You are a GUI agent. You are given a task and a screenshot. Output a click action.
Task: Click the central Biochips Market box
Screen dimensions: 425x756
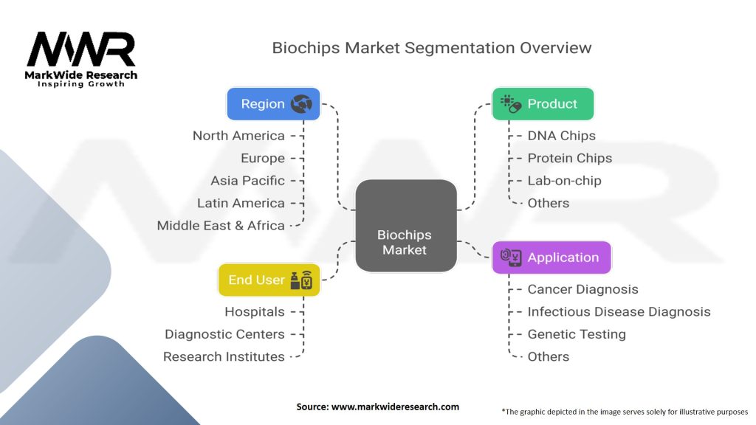[x=405, y=226]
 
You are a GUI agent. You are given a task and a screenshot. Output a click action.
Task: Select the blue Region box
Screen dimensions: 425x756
[x=273, y=104]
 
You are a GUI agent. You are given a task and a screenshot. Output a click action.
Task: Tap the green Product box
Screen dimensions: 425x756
[x=543, y=104]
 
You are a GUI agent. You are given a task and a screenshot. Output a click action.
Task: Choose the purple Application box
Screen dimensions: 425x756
[x=551, y=258]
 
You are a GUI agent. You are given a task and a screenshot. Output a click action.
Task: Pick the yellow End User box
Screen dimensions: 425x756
[x=269, y=280]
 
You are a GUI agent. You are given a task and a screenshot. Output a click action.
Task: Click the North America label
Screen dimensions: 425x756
[x=238, y=136]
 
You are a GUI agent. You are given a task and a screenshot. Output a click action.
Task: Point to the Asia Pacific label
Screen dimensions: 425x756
[x=247, y=181]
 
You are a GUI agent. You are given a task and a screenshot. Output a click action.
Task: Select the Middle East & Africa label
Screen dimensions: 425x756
[x=221, y=226]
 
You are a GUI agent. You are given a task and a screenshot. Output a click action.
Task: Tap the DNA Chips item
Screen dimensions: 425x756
[x=561, y=136]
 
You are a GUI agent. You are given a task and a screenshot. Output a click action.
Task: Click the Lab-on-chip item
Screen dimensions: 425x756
[x=564, y=181]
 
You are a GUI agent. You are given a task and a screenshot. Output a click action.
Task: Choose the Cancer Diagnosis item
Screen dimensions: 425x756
[x=583, y=289]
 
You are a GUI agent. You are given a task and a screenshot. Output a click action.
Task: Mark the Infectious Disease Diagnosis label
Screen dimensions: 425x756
[x=619, y=312]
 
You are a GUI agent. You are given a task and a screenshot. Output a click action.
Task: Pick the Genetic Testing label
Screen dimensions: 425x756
[x=576, y=334]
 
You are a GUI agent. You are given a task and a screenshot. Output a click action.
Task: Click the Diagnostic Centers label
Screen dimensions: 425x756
[x=224, y=334]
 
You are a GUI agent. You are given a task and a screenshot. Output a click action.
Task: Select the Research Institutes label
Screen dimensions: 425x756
[x=224, y=356]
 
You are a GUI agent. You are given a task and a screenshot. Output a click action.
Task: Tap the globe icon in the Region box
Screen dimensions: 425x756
[x=302, y=104]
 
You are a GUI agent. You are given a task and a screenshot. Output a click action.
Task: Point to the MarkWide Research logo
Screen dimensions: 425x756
[x=81, y=58]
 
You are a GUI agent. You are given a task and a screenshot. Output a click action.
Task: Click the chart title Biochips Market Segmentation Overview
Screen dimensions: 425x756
[x=432, y=48]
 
